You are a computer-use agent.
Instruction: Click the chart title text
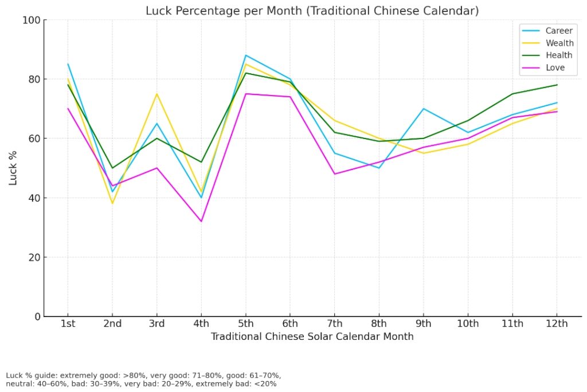coord(312,10)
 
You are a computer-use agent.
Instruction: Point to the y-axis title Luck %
coord(13,168)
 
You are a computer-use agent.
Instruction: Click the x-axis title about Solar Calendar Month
coord(312,336)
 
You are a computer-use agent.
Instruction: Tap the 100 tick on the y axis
coord(32,20)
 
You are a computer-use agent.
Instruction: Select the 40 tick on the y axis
coord(34,198)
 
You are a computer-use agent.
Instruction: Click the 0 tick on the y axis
coord(37,316)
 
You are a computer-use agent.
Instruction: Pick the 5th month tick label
coord(245,324)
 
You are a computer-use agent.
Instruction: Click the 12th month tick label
coord(557,324)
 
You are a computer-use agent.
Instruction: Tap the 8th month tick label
coord(379,324)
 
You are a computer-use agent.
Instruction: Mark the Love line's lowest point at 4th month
coord(201,221)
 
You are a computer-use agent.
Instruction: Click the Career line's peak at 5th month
coord(245,56)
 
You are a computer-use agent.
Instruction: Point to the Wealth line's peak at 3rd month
coord(156,94)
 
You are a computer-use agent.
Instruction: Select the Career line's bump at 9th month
coord(424,109)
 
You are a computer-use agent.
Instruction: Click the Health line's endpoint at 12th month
coord(557,85)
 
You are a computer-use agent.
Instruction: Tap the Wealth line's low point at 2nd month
coord(112,203)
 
